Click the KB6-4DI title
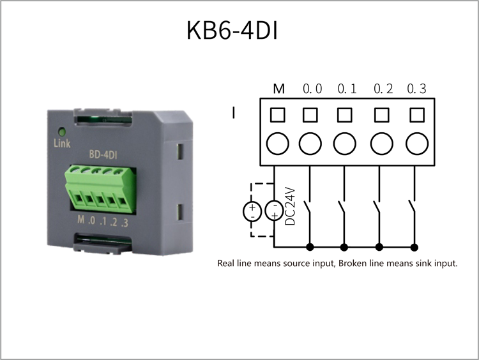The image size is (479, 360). [x=232, y=30]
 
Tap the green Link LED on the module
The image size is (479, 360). [x=62, y=132]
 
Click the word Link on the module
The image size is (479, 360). [x=62, y=143]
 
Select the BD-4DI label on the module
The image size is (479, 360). [x=103, y=154]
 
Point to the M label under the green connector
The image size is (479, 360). [x=81, y=219]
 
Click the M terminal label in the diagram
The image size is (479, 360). [x=278, y=89]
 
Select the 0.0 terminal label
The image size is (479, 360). [x=312, y=89]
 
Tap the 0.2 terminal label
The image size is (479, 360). [x=383, y=89]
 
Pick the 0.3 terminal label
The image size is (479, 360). [x=416, y=89]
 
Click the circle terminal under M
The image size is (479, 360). [x=278, y=144]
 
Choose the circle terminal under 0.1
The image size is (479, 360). [x=345, y=144]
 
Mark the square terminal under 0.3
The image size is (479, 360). [x=417, y=115]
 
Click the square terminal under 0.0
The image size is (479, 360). [x=310, y=115]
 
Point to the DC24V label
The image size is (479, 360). [x=290, y=206]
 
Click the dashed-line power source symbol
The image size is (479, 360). [x=252, y=211]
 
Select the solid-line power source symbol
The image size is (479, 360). [x=274, y=211]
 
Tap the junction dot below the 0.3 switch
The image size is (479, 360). [x=414, y=247]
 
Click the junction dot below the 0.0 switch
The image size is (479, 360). [x=310, y=247]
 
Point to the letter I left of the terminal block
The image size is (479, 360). [x=234, y=112]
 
